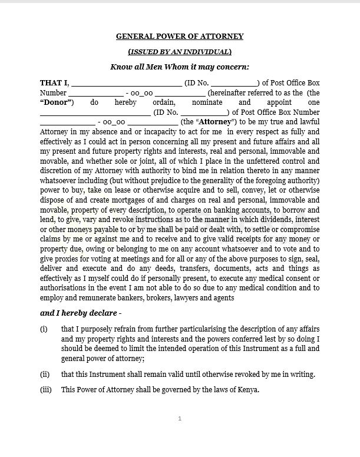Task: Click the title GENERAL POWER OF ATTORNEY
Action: [x=180, y=37]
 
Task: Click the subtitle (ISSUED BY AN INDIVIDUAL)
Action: [x=180, y=52]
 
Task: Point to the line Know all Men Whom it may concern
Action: [x=180, y=67]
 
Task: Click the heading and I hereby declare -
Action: [x=81, y=313]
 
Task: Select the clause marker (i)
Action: [x=44, y=329]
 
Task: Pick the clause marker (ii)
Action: [x=45, y=374]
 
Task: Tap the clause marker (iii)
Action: [x=46, y=390]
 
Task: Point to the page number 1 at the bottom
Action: [x=180, y=419]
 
